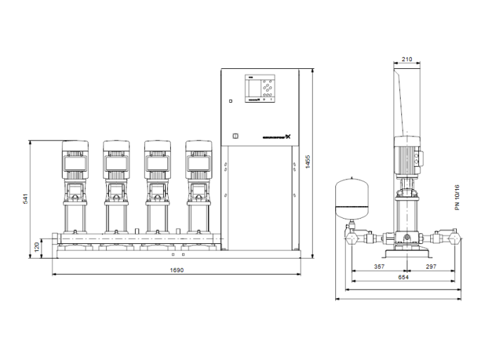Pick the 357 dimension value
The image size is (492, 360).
coord(380,267)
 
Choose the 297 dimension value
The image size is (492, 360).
coord(429,267)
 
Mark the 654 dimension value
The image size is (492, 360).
coord(404,278)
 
